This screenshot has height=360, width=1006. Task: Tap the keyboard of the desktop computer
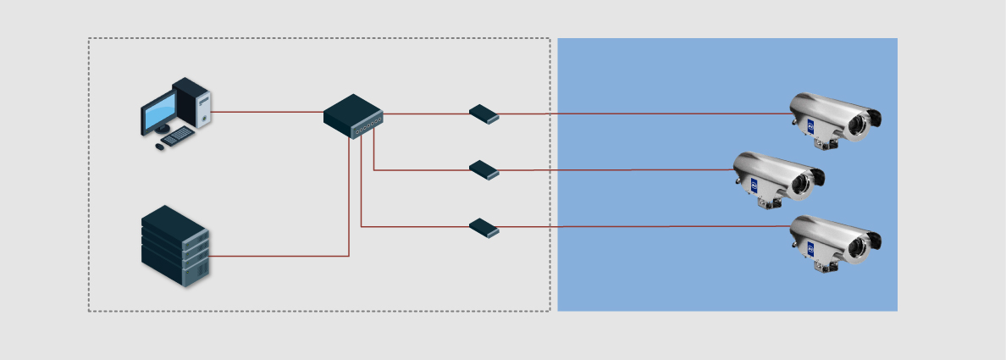tap(178, 136)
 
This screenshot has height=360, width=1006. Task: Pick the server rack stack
tap(174, 246)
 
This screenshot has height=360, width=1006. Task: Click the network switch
tap(352, 115)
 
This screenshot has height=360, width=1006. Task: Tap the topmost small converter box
tap(484, 114)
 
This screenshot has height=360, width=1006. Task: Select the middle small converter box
tap(484, 170)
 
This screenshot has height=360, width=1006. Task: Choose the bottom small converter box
tap(484, 228)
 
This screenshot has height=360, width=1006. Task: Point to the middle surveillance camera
tap(777, 176)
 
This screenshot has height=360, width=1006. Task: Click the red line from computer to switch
tap(267, 112)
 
